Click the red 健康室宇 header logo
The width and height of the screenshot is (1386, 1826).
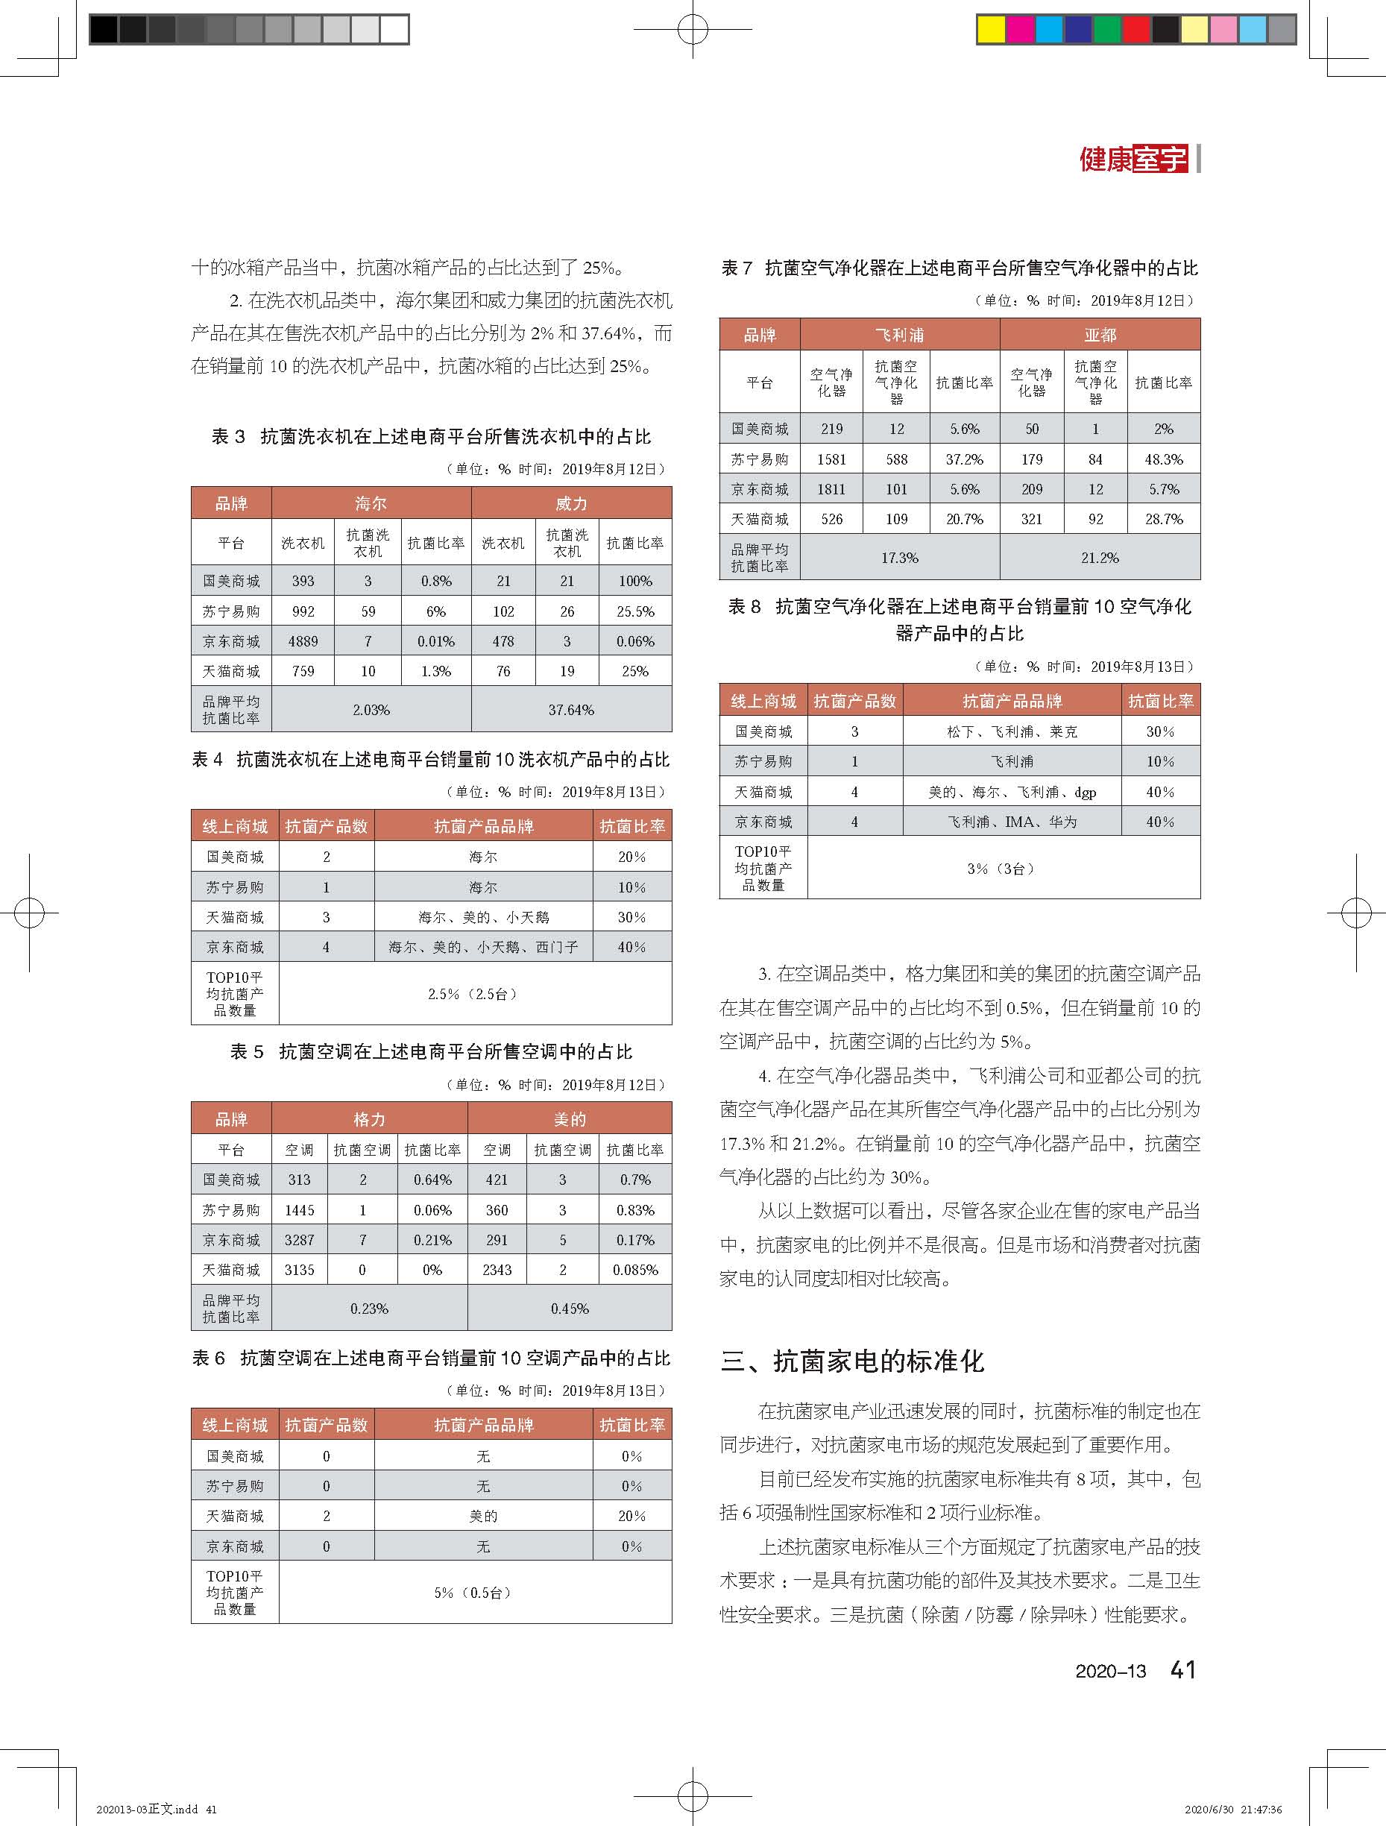click(x=1133, y=159)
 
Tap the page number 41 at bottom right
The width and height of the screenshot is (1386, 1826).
click(x=1183, y=1669)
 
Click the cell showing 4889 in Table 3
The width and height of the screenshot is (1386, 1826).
click(x=303, y=641)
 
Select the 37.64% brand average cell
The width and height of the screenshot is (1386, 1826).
click(x=571, y=710)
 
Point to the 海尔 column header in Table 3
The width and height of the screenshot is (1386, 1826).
click(x=371, y=503)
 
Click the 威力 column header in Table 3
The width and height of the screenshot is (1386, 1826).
click(x=571, y=503)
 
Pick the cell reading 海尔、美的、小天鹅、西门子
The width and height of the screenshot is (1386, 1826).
click(x=483, y=947)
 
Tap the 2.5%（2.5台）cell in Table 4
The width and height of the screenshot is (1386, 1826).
click(x=474, y=994)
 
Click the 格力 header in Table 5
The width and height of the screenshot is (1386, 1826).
click(x=369, y=1119)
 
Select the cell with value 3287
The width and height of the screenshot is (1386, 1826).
click(x=299, y=1240)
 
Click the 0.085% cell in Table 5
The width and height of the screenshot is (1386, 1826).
click(x=634, y=1270)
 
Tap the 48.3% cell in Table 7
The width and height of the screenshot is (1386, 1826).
click(x=1163, y=459)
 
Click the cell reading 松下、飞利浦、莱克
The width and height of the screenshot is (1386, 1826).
click(x=1011, y=731)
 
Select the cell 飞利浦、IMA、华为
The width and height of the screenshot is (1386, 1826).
click(x=1011, y=822)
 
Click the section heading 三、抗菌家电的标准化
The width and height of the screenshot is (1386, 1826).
click(x=853, y=1361)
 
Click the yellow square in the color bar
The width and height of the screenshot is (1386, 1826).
click(x=991, y=30)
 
